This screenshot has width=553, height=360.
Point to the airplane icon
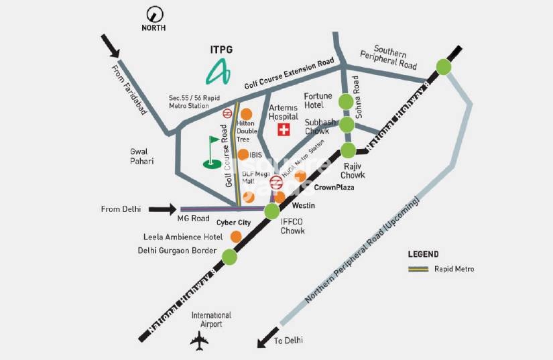coord(200,341)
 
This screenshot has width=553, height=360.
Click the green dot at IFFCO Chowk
coord(271,212)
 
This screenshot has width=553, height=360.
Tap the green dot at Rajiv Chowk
coord(348,150)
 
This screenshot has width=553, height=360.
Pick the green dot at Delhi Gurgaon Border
coord(229,256)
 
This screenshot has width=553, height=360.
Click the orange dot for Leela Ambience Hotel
coord(236,237)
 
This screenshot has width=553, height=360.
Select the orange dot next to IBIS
coord(243,155)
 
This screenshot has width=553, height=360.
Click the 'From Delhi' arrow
coord(162,209)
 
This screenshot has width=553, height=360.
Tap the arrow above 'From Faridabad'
coord(112,48)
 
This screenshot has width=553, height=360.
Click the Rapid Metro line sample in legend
coord(418,269)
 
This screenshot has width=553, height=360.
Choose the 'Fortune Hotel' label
coord(318,101)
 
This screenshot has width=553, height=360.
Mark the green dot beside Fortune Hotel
coord(346,102)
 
